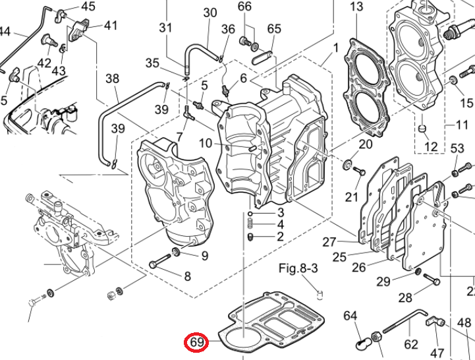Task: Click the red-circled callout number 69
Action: (x=197, y=342)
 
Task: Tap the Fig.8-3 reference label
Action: (x=298, y=268)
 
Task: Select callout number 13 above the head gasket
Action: (x=356, y=7)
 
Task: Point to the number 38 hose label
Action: (x=113, y=78)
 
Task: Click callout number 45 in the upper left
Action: (x=88, y=7)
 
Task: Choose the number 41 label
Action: (x=110, y=26)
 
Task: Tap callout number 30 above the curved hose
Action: (x=210, y=13)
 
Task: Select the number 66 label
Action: (x=244, y=7)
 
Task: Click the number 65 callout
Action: (x=274, y=28)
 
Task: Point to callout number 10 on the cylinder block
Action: (x=206, y=142)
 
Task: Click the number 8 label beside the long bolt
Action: (x=187, y=276)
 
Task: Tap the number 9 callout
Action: (x=204, y=255)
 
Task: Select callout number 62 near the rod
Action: (x=411, y=344)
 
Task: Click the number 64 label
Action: (x=350, y=315)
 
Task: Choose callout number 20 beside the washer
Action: (x=365, y=144)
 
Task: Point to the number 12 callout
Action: (x=431, y=146)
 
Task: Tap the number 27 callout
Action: (x=329, y=242)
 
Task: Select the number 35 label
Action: (x=152, y=63)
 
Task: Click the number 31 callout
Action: (x=165, y=28)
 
